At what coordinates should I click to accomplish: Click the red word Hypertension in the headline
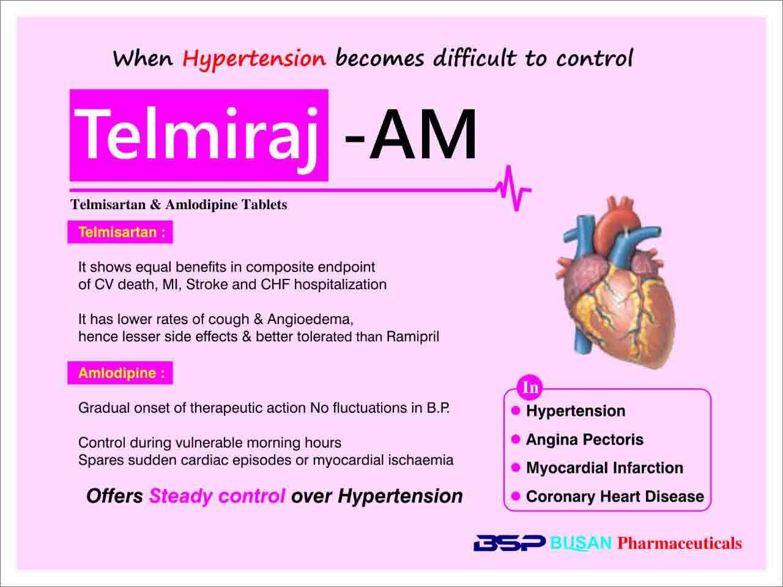coord(254,59)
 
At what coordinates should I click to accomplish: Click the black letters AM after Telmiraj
coord(423,135)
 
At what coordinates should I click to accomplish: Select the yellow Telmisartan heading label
coord(122,232)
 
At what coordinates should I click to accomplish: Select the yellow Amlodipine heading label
coord(121,373)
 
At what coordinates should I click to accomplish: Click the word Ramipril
coord(412,336)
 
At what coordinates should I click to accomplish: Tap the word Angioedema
coord(310,319)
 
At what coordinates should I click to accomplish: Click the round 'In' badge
coord(530,387)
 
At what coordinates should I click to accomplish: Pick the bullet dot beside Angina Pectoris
coord(516,439)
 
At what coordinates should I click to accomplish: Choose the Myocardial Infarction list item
coord(604,468)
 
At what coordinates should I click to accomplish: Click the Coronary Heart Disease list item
coord(615,496)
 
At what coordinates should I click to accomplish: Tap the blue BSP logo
coord(510,543)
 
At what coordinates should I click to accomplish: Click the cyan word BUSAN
coord(581,543)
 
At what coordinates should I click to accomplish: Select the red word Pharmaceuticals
coord(680,543)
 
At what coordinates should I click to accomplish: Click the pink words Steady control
coord(217,496)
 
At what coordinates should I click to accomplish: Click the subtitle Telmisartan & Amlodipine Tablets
coord(179,205)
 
